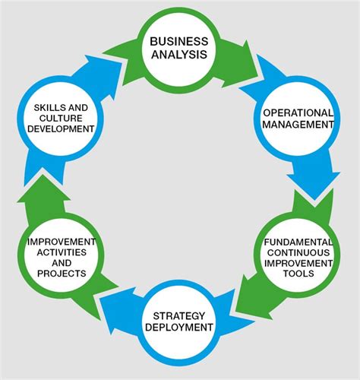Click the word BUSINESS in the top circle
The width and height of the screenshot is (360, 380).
[x=179, y=41]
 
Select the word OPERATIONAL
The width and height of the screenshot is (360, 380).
[x=298, y=112]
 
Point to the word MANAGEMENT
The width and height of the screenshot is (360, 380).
[x=298, y=125]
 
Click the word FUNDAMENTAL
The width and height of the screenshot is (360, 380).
[x=298, y=242]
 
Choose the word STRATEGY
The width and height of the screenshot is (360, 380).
[x=181, y=315]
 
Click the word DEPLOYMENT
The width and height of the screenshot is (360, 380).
[x=181, y=328]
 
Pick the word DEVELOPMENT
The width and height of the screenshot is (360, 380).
[x=61, y=129]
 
